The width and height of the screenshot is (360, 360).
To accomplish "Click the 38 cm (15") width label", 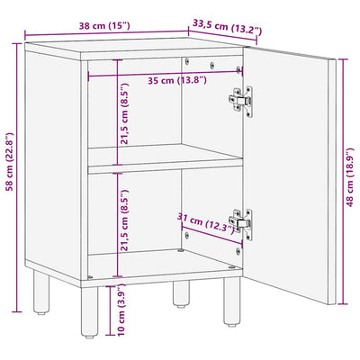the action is [x=104, y=26].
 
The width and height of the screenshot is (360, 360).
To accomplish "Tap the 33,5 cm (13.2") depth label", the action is [x=227, y=27].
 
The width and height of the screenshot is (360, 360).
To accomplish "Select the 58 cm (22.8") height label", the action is [x=10, y=162].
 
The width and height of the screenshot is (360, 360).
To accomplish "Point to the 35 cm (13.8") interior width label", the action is [x=177, y=80].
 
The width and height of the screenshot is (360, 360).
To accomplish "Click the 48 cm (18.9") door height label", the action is [x=350, y=177].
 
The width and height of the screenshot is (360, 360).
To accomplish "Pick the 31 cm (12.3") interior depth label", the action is [x=206, y=223].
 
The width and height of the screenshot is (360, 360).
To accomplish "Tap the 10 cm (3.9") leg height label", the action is [x=121, y=310].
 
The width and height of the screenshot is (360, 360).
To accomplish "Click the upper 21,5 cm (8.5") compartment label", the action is [x=124, y=113].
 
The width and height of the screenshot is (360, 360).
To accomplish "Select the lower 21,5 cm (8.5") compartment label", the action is [x=124, y=220].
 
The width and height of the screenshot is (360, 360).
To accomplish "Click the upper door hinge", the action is [x=241, y=100].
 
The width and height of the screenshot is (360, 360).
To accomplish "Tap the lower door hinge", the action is [x=241, y=223].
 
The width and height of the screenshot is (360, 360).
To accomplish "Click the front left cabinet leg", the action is [x=89, y=312].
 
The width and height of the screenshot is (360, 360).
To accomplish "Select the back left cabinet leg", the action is [x=41, y=292].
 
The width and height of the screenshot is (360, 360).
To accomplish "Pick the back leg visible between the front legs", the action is [x=181, y=294].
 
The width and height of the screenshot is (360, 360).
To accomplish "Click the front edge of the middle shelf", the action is [x=166, y=168].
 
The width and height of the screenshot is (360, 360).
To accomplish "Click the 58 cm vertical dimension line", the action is [x=18, y=178].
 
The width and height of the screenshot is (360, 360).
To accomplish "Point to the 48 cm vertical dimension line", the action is [x=343, y=182].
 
